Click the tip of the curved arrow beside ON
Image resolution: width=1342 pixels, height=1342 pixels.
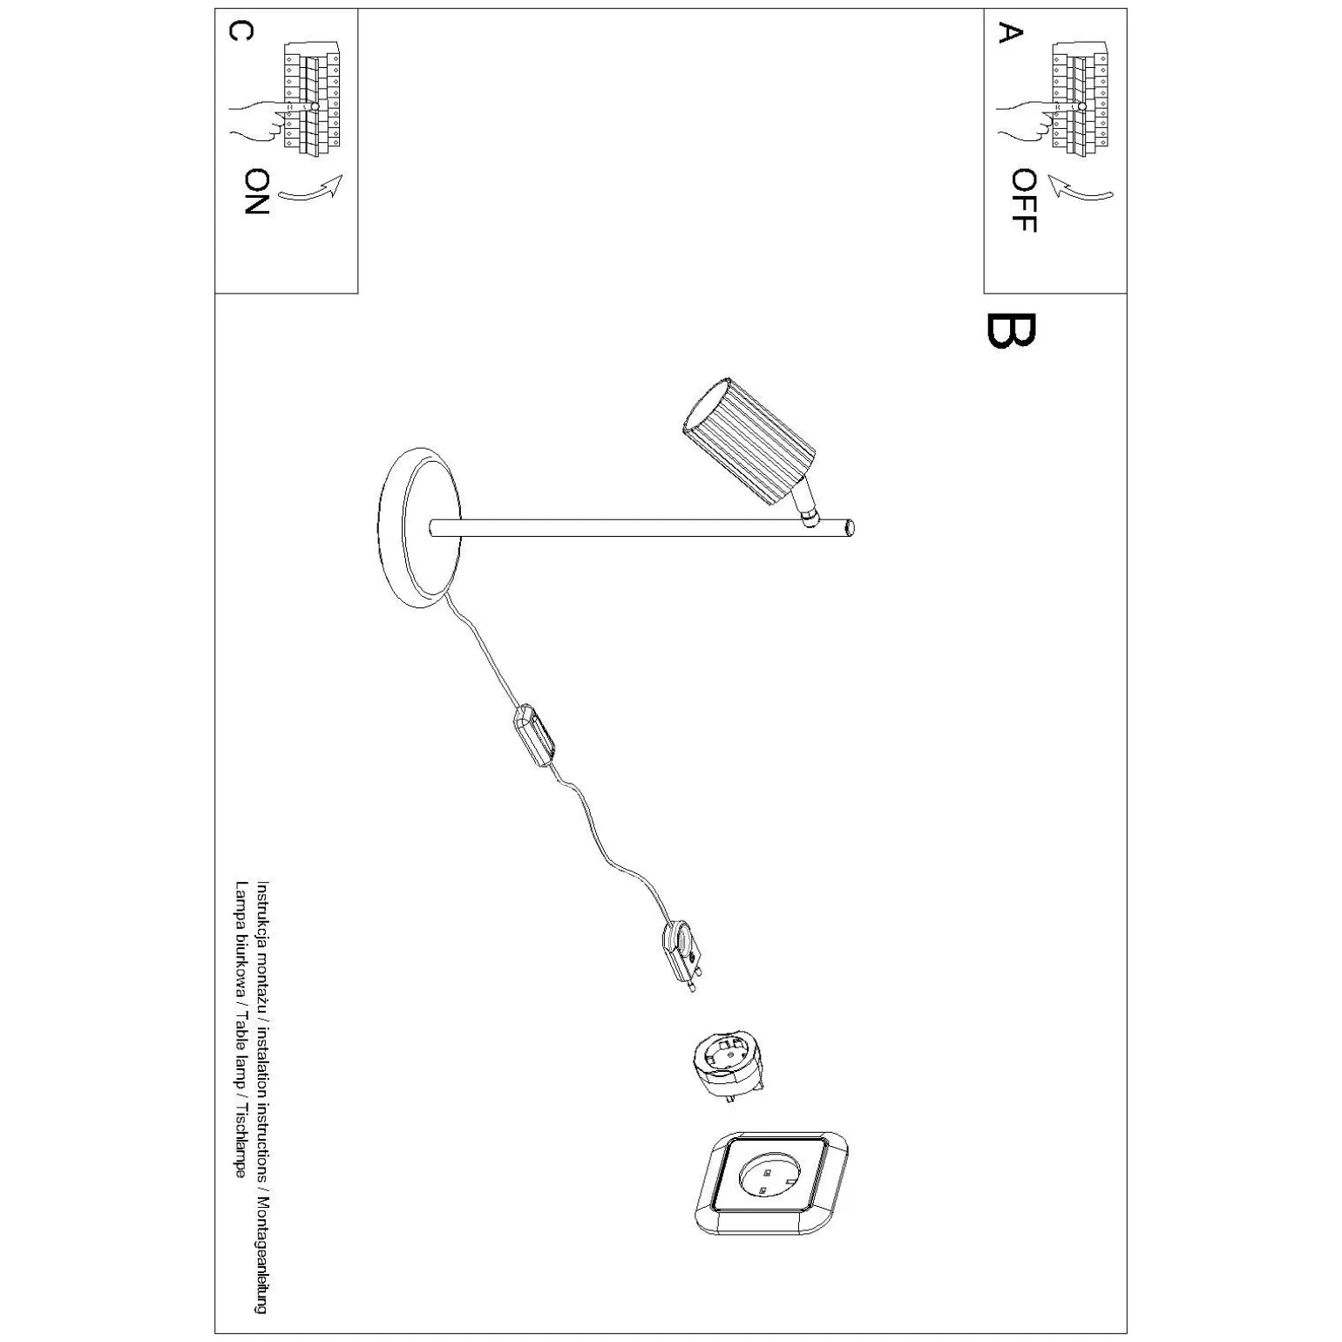[x=342, y=177]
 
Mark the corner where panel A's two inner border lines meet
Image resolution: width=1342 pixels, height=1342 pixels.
[x=985, y=293]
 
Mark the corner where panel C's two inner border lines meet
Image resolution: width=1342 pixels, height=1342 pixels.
[x=358, y=293]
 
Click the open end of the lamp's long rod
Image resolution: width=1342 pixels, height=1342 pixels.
[x=851, y=527]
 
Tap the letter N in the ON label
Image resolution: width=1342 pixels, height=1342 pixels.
[x=257, y=204]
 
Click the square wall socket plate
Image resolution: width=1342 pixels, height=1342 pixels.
[x=771, y=1182]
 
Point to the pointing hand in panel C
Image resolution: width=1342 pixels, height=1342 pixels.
[x=261, y=119]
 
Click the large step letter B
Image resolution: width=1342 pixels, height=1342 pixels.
[x=1011, y=330]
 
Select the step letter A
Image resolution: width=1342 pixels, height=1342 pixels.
[x=1009, y=32]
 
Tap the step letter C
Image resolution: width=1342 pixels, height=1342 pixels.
[x=241, y=31]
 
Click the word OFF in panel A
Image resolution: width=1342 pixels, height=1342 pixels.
[x=1024, y=200]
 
